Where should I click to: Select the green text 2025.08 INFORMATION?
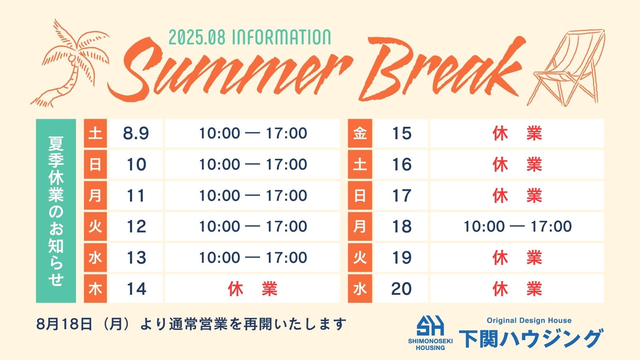250,38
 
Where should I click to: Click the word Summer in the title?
228,72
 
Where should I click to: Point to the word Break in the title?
442,68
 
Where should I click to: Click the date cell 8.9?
136,133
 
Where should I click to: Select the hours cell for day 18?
517,226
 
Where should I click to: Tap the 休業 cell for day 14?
252,288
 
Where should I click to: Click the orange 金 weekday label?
360,133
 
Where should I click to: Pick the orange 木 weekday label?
95,288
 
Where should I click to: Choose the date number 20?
402,288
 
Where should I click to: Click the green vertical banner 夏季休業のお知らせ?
56,211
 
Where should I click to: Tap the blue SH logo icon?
430,326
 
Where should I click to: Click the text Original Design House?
529,320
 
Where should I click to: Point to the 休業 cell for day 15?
517,133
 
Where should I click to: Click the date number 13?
136,258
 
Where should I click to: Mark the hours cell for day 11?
252,196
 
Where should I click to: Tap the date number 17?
402,196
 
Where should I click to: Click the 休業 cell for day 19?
517,258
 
